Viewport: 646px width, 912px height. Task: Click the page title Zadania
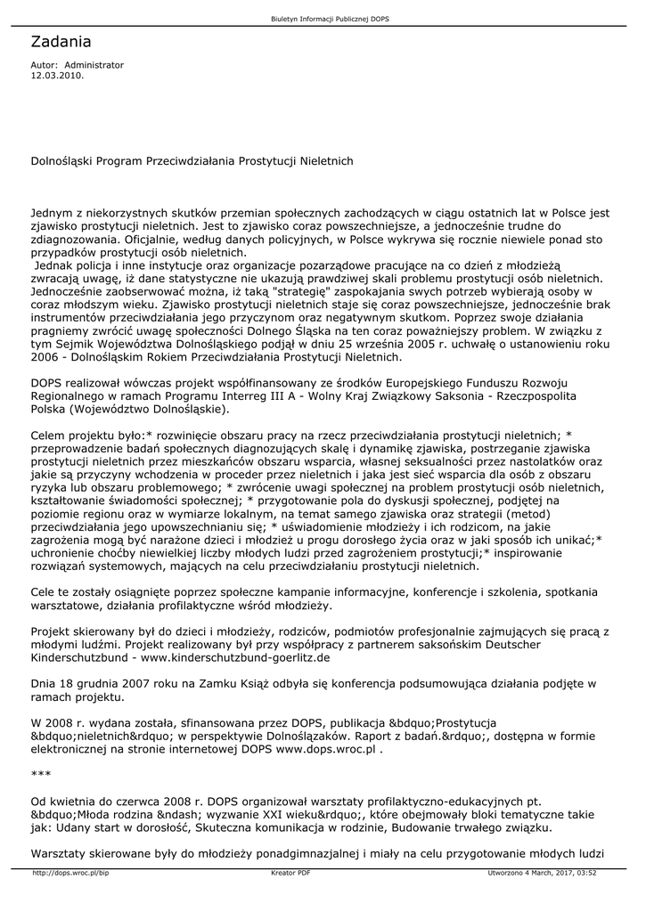pyautogui.click(x=61, y=42)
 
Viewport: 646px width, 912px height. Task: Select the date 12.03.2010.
pyautogui.click(x=57, y=76)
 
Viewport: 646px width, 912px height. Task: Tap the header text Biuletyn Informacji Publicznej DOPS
pyautogui.click(x=323, y=19)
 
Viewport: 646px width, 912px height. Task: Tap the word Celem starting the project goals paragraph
pyautogui.click(x=48, y=436)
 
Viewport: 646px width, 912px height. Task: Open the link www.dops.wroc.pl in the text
pyautogui.click(x=327, y=751)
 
